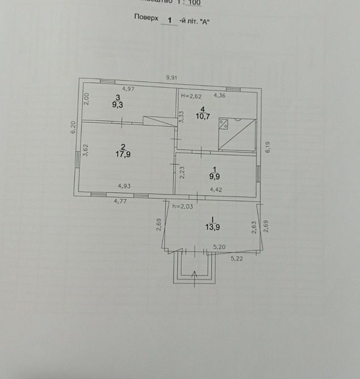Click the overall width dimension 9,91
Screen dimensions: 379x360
(172, 77)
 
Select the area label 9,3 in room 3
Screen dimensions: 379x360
(118, 105)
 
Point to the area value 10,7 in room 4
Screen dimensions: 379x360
(202, 117)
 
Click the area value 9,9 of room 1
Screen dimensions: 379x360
(213, 176)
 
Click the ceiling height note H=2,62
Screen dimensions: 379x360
(191, 96)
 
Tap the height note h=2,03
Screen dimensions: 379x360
(183, 206)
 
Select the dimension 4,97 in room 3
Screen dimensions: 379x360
(128, 89)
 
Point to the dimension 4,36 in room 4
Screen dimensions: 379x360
(219, 96)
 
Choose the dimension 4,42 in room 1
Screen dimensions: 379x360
(216, 189)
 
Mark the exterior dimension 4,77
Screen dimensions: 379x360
(121, 200)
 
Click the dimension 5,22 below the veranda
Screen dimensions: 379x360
(236, 259)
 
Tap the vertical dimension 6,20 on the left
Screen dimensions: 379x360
(73, 128)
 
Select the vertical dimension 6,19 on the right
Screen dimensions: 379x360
(268, 147)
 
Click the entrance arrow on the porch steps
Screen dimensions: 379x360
(195, 275)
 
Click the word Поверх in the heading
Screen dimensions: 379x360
(147, 18)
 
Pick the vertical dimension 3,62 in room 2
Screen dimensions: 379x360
(85, 150)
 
